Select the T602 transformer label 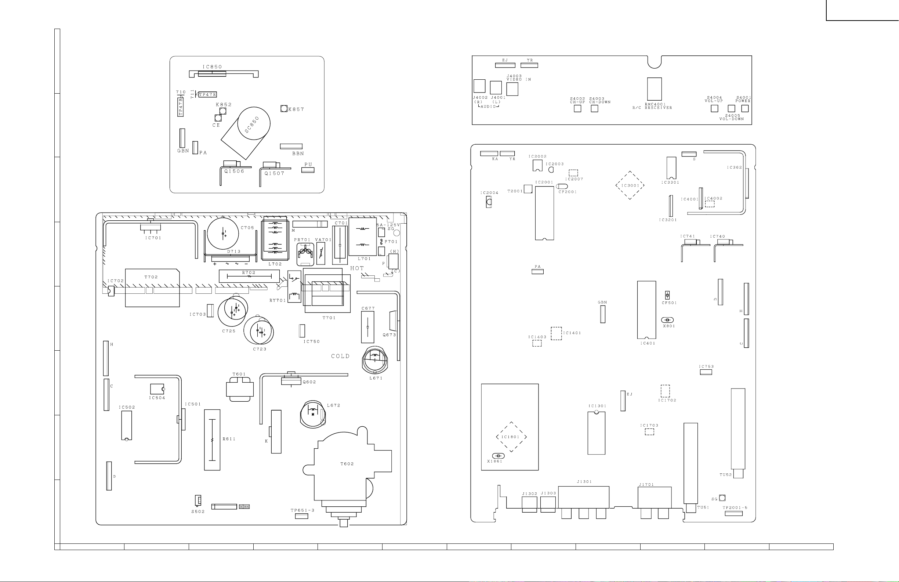(x=347, y=464)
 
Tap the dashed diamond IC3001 (x=630, y=185)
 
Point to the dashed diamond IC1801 (x=511, y=437)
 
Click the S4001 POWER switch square (x=745, y=108)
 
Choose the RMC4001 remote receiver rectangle (x=654, y=89)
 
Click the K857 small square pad (x=284, y=109)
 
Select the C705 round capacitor (x=223, y=233)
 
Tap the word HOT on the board (x=357, y=268)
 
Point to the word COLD (x=340, y=356)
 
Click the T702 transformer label (x=151, y=277)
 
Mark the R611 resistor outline (x=212, y=440)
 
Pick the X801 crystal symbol (x=668, y=320)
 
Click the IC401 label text (x=648, y=343)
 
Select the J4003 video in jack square (x=512, y=89)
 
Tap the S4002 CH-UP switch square (x=577, y=108)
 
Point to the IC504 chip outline (x=157, y=389)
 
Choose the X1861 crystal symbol (x=498, y=456)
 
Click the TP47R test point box (x=207, y=94)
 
